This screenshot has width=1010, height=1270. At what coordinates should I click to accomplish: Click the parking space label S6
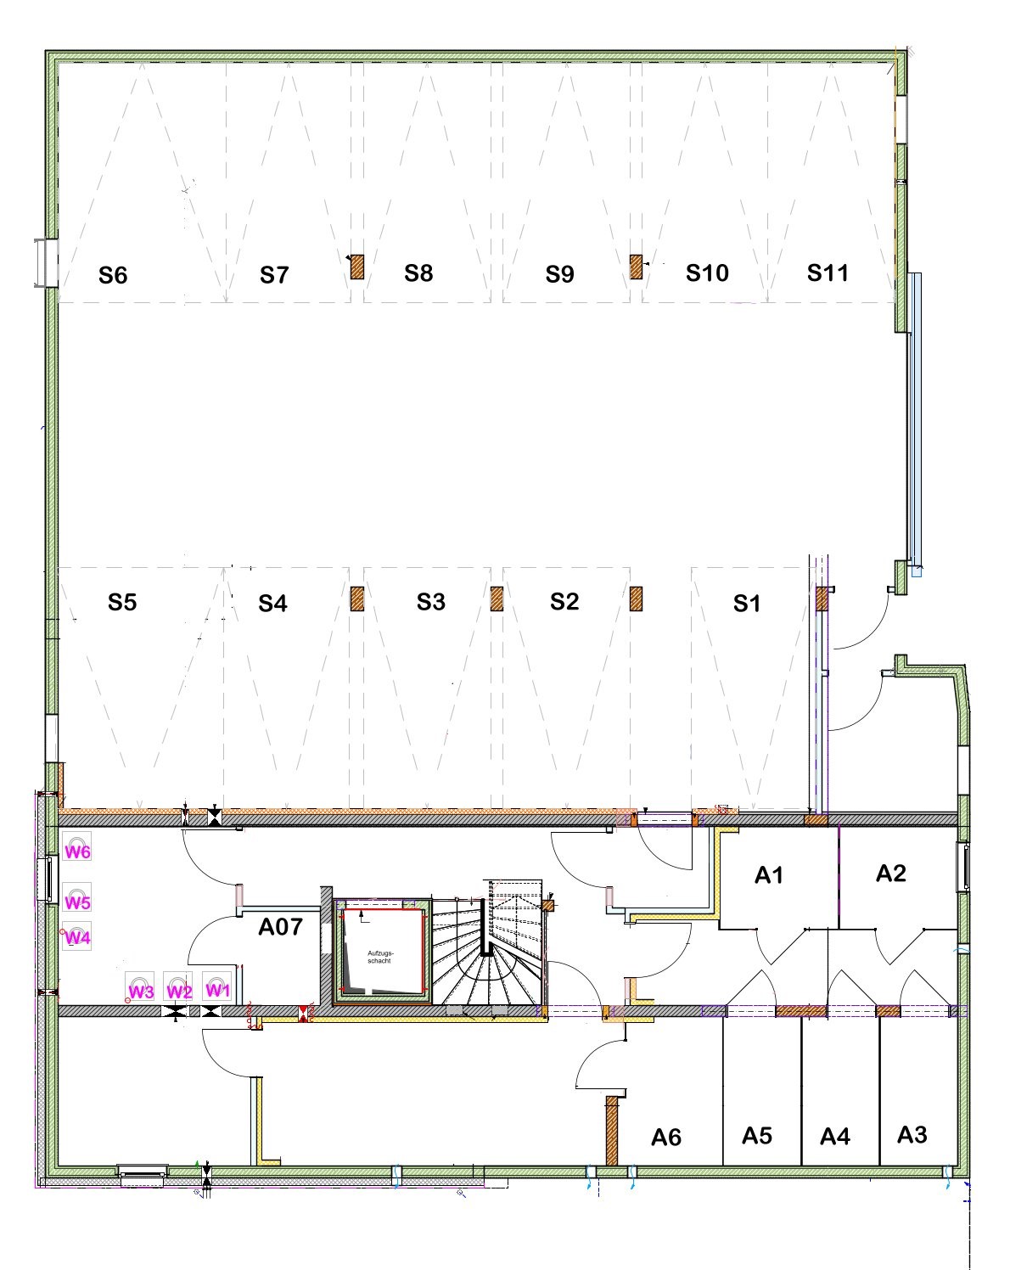(x=113, y=275)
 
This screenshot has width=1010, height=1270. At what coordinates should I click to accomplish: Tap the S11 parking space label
(x=828, y=273)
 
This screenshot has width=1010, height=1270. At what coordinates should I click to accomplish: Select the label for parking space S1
(x=746, y=603)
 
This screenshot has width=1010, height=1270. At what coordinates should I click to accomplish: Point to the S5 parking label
(x=122, y=602)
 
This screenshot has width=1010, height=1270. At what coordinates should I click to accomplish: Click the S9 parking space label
(x=559, y=274)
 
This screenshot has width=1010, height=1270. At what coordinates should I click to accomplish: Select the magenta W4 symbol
(x=77, y=936)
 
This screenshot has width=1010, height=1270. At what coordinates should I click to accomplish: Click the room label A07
(x=280, y=927)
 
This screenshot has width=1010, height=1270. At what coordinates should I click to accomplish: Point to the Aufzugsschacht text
(x=380, y=957)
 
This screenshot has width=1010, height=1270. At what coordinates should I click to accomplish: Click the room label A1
(x=769, y=875)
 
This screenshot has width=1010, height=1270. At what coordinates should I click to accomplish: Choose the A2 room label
(x=891, y=874)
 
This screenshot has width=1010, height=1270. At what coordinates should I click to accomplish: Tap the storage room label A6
(x=666, y=1138)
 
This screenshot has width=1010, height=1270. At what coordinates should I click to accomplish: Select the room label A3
(x=912, y=1134)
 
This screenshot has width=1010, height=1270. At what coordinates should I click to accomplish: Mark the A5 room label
(x=757, y=1136)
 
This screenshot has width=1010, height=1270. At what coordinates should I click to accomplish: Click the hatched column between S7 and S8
(x=357, y=267)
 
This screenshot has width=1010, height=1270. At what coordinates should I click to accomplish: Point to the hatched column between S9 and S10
(x=636, y=267)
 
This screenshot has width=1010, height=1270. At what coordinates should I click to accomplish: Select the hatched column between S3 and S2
(x=497, y=598)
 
